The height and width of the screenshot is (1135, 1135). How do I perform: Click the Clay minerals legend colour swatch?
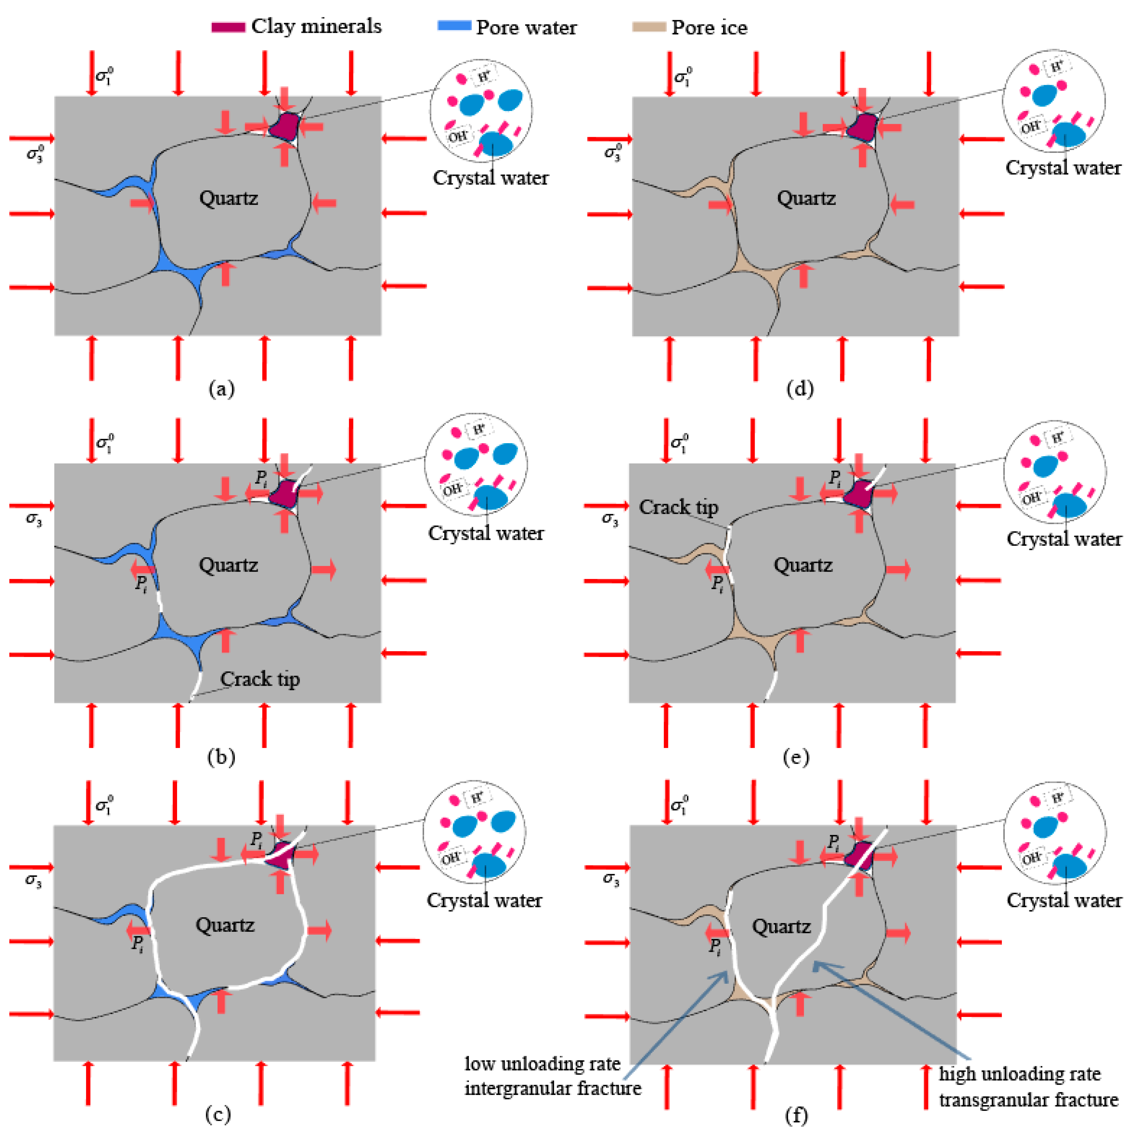tap(228, 27)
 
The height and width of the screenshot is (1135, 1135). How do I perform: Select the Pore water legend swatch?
tap(454, 26)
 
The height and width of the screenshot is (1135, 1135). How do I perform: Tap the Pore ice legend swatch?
tap(649, 27)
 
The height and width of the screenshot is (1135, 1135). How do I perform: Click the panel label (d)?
tap(800, 389)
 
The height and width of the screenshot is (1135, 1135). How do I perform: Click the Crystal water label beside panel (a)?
tap(491, 178)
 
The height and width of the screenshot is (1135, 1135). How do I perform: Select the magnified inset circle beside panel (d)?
tap(1054, 101)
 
